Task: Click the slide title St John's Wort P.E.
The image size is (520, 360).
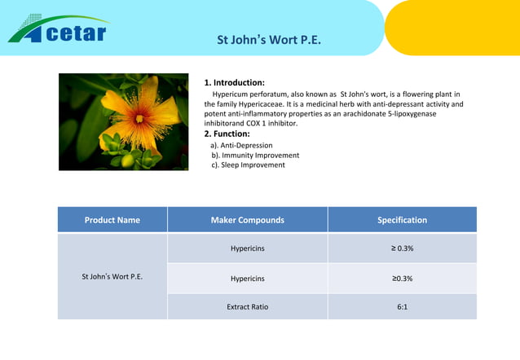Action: click(268, 40)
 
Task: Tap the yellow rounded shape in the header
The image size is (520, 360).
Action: click(456, 26)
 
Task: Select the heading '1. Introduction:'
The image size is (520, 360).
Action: click(234, 83)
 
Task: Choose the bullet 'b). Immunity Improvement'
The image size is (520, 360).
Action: click(255, 155)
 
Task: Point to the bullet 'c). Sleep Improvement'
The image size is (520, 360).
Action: click(248, 165)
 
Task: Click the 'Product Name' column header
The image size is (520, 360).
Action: click(112, 220)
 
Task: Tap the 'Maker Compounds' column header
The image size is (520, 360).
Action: click(247, 220)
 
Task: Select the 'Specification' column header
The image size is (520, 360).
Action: click(402, 220)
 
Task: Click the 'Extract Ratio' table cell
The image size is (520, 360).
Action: click(247, 307)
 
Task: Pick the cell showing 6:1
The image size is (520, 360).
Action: click(402, 307)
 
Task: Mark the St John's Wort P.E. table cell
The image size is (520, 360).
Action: click(112, 277)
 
